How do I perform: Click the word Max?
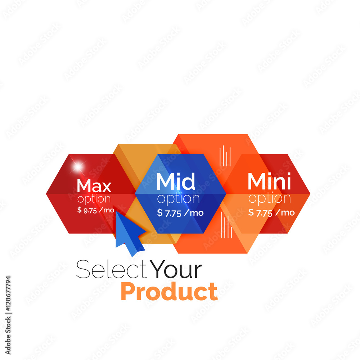tap(94, 186)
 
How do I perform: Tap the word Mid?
tap(176, 181)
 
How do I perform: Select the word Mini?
tap(269, 181)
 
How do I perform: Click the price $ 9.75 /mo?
tap(95, 210)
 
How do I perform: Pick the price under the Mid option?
tap(180, 213)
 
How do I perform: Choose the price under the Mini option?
tap(271, 213)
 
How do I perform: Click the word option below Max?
tap(94, 199)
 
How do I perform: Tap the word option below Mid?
tap(179, 199)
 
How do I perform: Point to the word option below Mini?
tap(270, 198)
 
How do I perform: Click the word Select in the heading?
tap(111, 269)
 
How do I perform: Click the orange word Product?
tap(169, 292)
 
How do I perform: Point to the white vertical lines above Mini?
tap(225, 156)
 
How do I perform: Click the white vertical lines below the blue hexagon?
tap(226, 225)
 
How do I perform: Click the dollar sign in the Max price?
tap(80, 210)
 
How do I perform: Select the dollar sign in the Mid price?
tap(160, 213)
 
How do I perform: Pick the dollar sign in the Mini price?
tap(251, 212)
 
